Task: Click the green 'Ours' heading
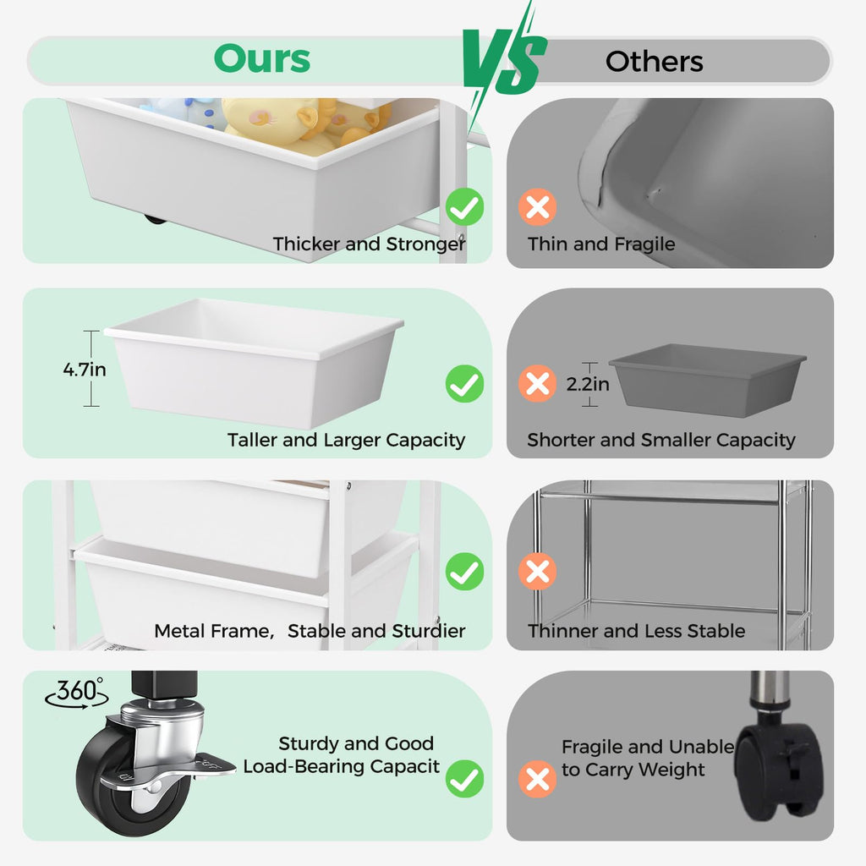[262, 58]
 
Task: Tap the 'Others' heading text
[654, 61]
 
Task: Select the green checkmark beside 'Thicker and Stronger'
[464, 207]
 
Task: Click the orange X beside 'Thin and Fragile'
[537, 207]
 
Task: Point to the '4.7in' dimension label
[85, 370]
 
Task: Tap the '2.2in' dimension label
[588, 384]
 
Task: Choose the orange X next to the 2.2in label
[537, 383]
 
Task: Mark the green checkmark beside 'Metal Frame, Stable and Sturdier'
[464, 571]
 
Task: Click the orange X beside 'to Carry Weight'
[537, 779]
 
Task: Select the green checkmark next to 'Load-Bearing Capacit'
[464, 779]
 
